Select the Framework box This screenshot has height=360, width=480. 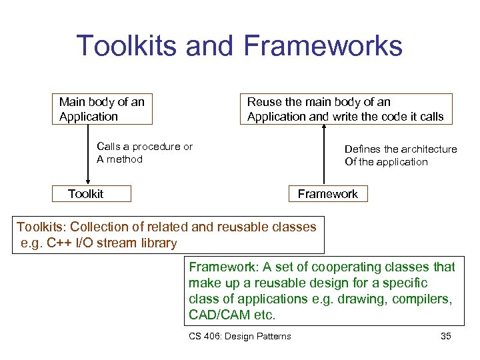tap(327, 194)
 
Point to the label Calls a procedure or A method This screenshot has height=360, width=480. tap(144, 153)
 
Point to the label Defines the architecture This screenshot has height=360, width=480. tap(400, 149)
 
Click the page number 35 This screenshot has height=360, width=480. tap(446, 336)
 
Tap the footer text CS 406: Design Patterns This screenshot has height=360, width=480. tap(240, 336)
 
